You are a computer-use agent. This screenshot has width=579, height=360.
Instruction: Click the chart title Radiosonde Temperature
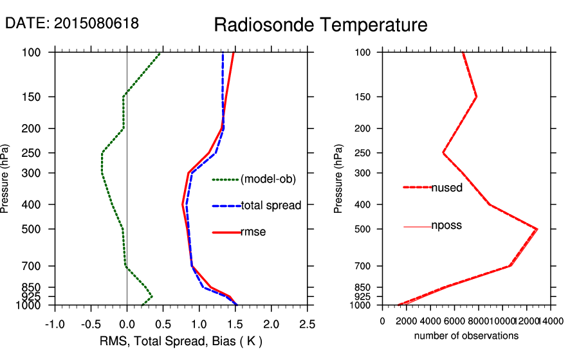320,25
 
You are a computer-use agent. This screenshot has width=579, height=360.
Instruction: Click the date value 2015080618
96,24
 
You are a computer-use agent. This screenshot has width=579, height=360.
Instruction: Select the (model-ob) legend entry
268,179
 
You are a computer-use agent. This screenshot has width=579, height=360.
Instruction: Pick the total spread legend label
271,206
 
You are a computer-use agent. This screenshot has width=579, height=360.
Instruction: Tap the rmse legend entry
253,232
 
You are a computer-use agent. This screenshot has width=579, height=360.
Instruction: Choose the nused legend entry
446,187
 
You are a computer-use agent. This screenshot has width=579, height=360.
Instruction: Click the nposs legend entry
446,226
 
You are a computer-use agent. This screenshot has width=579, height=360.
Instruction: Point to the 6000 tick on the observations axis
454,321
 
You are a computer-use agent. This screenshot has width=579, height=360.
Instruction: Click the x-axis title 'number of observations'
466,336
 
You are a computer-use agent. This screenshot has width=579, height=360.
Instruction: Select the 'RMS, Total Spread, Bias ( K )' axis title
181,341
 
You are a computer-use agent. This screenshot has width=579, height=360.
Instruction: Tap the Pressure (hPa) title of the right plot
338,179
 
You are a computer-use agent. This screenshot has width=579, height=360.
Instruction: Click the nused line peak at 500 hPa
537,229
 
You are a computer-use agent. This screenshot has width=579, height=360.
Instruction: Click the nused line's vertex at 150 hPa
477,97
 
